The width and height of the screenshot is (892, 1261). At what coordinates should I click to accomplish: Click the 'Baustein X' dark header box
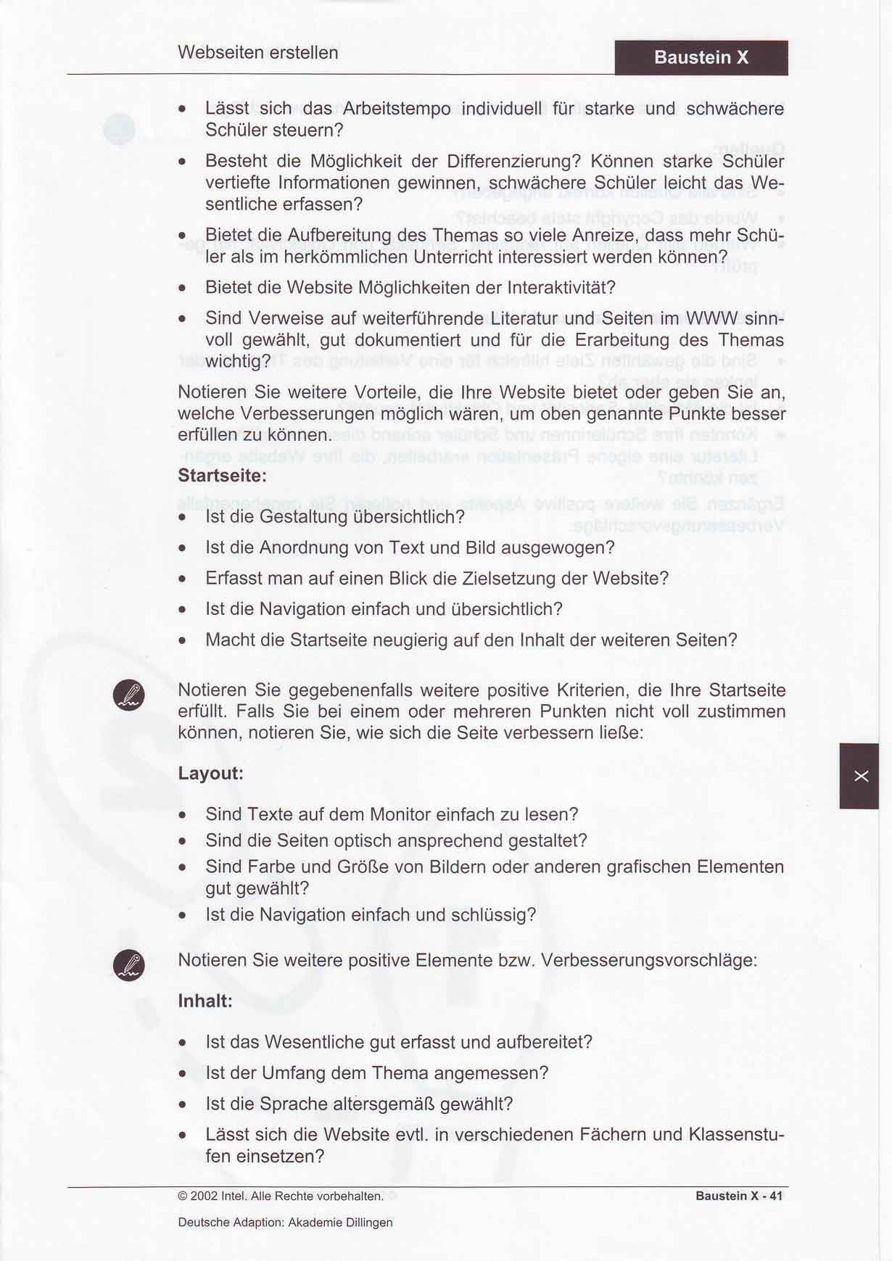pos(701,57)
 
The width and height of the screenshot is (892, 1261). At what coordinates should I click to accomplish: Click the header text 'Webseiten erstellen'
pos(257,53)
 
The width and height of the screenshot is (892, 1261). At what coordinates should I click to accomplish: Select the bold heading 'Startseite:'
pos(222,476)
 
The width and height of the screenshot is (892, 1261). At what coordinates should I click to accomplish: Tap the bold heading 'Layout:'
pos(210,773)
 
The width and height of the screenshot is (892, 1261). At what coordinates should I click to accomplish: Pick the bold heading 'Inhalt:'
pos(205,1001)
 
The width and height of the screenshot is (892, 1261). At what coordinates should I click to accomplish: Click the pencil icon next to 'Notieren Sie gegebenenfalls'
pos(129,695)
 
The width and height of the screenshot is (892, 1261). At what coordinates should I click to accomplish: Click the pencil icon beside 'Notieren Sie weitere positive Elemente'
pos(129,965)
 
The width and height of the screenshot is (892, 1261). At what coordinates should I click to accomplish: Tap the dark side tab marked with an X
pos(859,776)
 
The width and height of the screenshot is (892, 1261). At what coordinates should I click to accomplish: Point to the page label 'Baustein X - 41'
pos(738,1196)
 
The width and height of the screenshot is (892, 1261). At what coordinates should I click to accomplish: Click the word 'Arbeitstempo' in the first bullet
pos(396,109)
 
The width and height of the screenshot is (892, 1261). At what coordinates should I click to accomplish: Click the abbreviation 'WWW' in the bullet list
pos(712,318)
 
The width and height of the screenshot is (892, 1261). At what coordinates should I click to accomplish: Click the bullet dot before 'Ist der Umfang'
pos(183,1074)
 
